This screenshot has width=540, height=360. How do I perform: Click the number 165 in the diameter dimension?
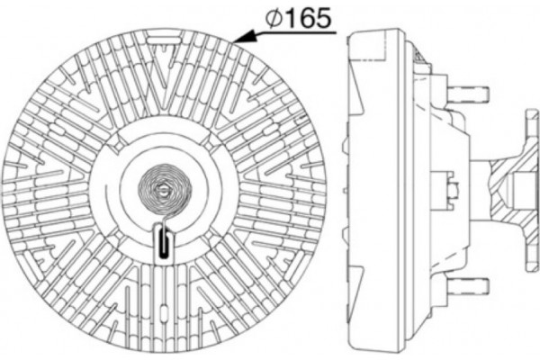[306, 16]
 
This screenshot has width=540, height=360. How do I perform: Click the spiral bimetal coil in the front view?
[162, 192]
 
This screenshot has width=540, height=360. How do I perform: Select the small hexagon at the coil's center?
[162, 191]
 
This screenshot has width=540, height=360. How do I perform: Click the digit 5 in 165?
[320, 16]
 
